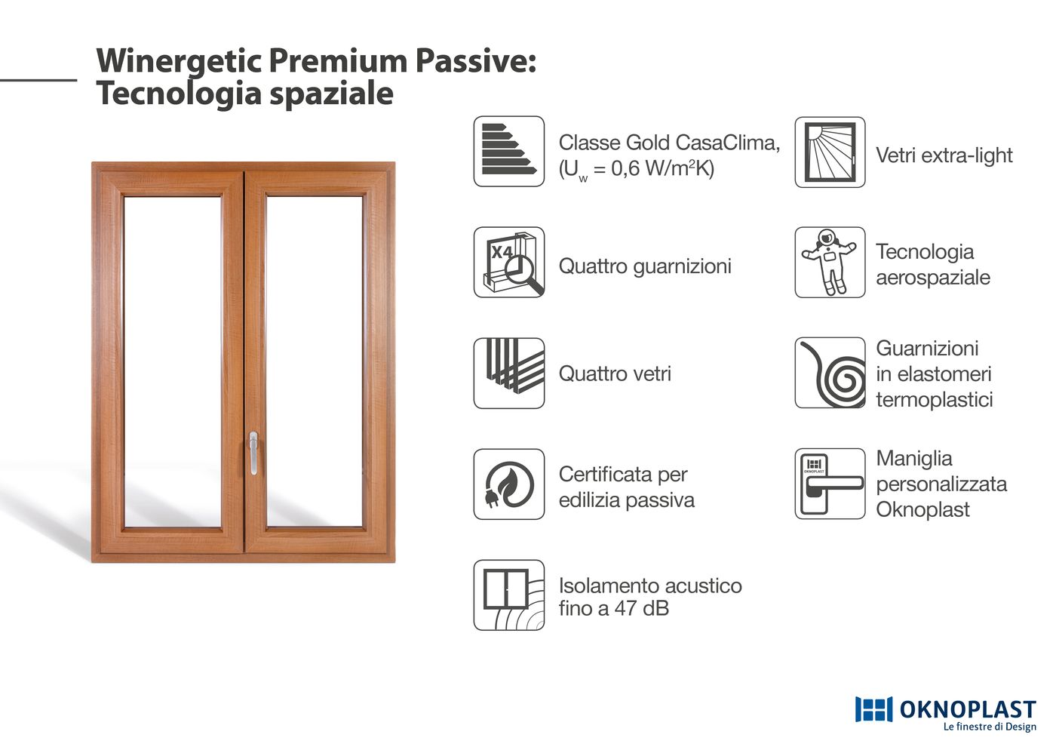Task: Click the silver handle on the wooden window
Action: click(253, 453)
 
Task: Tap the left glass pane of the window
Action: click(173, 361)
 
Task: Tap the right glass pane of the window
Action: click(315, 361)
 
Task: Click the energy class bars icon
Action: click(508, 151)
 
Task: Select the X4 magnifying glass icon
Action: click(508, 263)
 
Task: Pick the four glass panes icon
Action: click(508, 373)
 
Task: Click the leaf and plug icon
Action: click(508, 484)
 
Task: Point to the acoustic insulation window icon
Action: click(508, 595)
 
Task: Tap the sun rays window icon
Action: click(830, 152)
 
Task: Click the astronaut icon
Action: click(830, 263)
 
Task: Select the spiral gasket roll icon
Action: click(830, 373)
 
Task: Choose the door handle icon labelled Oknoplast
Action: click(830, 484)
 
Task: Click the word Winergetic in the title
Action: click(180, 62)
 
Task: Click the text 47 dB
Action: click(641, 608)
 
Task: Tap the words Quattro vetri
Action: click(614, 373)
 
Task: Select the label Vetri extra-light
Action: click(944, 155)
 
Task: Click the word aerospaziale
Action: click(933, 278)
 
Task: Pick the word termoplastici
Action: click(935, 399)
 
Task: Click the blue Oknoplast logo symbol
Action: click(873, 709)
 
